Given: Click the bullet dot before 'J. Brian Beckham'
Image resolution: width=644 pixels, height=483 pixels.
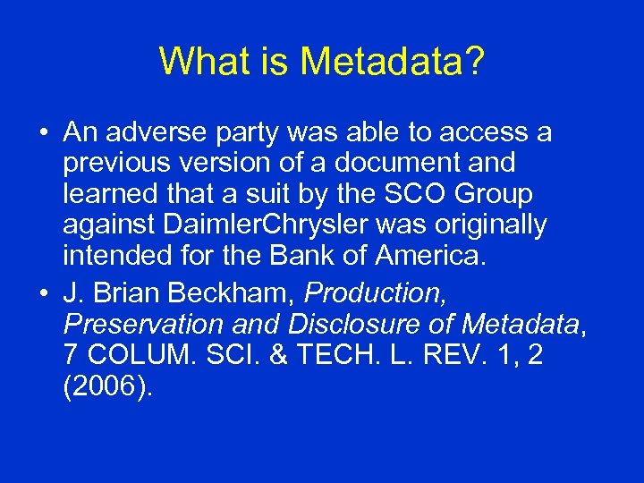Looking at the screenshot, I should point(43,292).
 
